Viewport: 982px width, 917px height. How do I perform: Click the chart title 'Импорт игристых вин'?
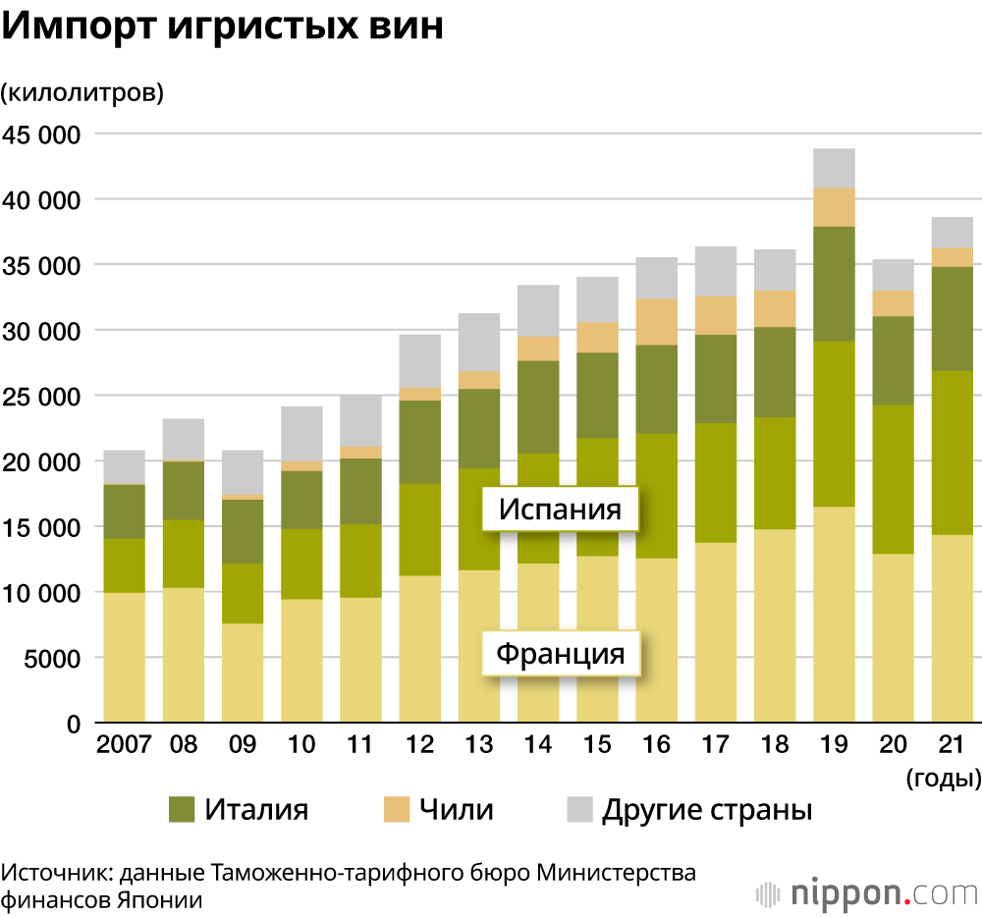point(223,27)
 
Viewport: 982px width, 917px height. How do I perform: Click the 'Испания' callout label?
point(561,510)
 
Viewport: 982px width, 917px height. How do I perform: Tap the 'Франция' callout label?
point(561,653)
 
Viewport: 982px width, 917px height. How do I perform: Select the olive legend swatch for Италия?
point(183,810)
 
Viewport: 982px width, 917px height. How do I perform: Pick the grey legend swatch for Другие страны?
point(580,810)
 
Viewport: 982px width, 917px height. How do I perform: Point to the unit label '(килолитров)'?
point(82,93)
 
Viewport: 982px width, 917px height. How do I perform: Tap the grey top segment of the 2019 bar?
point(834,168)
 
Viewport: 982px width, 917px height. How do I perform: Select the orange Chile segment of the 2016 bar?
point(657,322)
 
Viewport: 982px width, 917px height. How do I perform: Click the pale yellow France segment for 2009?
point(242,674)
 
